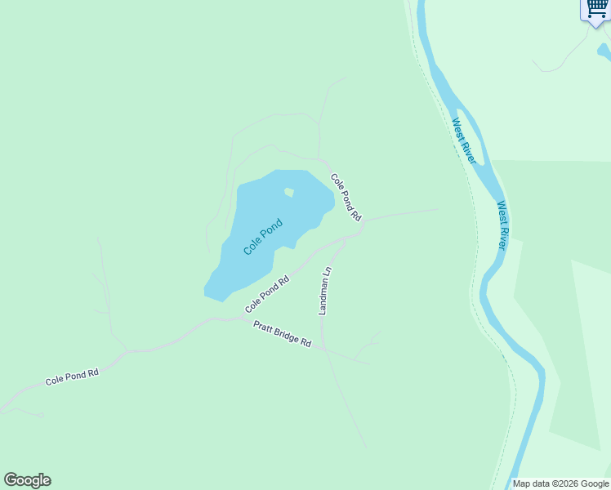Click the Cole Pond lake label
tap(263, 237)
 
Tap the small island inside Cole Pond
tap(288, 193)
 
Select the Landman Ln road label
tap(325, 291)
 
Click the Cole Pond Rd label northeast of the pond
tap(346, 198)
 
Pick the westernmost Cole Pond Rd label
tap(72, 376)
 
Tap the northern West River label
tap(463, 141)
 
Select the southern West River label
tap(503, 225)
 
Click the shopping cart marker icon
tap(598, 10)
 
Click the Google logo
tap(27, 480)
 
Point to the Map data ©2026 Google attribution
tap(560, 483)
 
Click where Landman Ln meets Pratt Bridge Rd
tap(324, 349)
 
